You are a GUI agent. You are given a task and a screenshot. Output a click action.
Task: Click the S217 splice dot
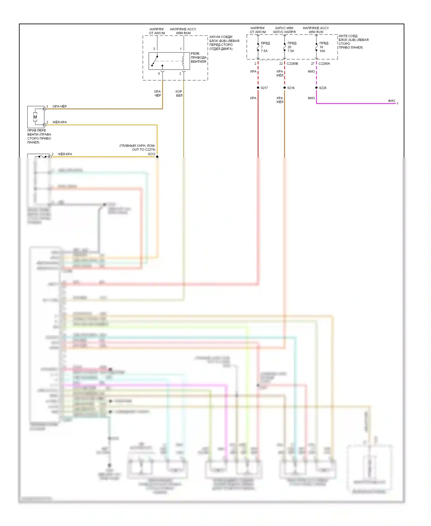point(258,88)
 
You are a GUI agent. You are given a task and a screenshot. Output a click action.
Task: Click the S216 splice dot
point(284,88)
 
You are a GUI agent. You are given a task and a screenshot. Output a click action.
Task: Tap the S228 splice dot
point(316,88)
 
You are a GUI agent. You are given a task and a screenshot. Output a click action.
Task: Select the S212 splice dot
point(157,157)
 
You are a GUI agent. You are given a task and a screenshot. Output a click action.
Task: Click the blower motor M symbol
point(35,117)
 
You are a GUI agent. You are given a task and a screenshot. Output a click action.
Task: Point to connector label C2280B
point(292,64)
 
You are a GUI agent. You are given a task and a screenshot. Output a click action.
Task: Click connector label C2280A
point(324,64)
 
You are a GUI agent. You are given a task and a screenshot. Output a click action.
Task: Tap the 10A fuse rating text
point(322,51)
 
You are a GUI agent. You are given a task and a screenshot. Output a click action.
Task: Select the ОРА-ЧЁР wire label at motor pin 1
point(59,106)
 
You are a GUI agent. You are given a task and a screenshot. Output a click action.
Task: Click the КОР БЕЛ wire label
point(179,94)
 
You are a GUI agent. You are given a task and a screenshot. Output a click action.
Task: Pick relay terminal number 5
point(159,74)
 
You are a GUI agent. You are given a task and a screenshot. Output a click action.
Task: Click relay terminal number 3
point(154,49)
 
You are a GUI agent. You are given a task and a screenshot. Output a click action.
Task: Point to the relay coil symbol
point(183,61)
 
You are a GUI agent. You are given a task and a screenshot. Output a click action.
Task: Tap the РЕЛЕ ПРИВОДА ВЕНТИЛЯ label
point(198,58)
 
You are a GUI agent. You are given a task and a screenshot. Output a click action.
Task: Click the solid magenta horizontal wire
point(356,103)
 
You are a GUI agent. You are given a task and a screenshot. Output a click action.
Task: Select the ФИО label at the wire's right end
point(391,101)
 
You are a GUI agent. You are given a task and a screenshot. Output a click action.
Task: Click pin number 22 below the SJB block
point(281,64)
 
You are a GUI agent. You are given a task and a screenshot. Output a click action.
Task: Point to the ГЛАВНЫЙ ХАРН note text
point(137,147)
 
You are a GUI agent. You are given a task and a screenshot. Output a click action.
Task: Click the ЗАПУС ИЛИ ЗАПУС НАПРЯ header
point(284,30)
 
